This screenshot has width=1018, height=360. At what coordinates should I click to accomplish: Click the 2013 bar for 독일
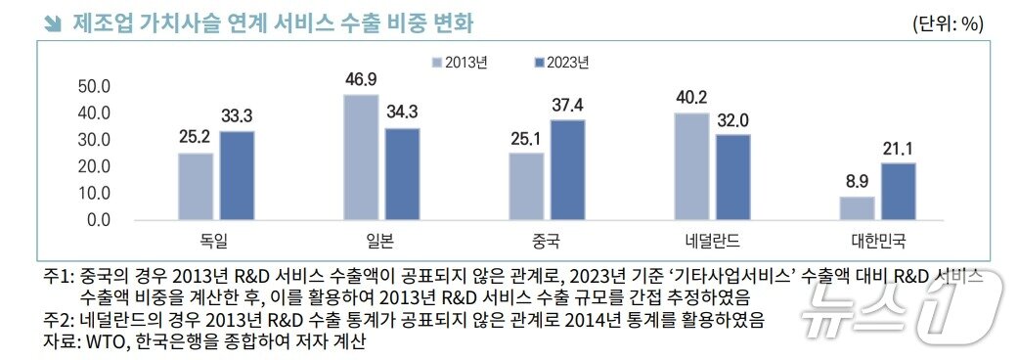pyautogui.click(x=195, y=186)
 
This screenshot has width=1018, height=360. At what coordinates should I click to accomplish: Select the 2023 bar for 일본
pyautogui.click(x=402, y=173)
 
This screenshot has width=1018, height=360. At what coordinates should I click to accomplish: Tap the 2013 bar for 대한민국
pyautogui.click(x=857, y=207)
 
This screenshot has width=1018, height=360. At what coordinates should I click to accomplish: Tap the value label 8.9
pyautogui.click(x=857, y=183)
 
